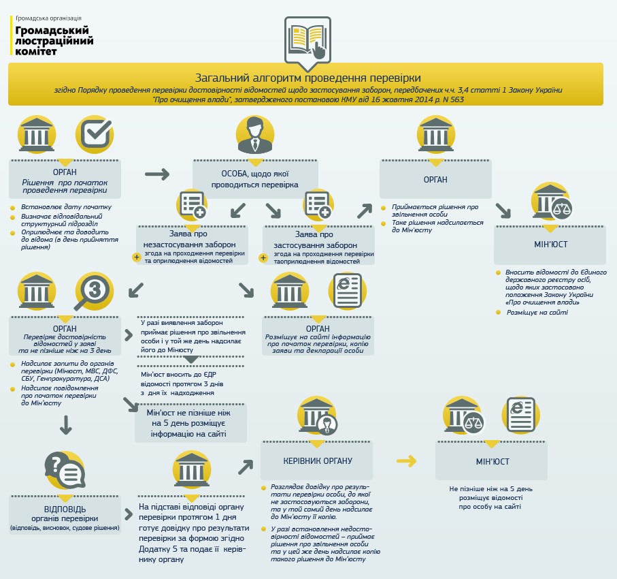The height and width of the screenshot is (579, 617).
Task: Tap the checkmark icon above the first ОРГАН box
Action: point(94,134)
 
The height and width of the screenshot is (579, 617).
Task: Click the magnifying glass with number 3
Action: point(94,291)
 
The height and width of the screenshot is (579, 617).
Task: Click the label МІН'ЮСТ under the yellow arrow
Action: point(493,462)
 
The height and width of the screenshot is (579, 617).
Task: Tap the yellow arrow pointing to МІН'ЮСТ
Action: point(407,461)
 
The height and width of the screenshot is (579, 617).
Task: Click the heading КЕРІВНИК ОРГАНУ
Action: point(318,460)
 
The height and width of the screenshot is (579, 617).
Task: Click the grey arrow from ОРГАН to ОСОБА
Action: point(156,174)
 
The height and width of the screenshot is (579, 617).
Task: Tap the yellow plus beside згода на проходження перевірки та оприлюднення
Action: point(137,257)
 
